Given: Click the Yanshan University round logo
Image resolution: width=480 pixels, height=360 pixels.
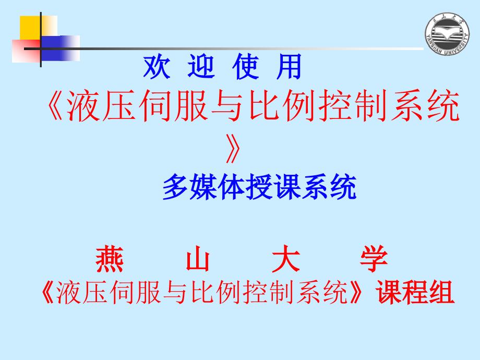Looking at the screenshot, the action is (x=447, y=34).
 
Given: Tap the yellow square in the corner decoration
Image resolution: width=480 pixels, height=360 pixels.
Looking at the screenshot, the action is (x=39, y=28).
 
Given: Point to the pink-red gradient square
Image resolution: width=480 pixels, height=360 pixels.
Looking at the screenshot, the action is (x=26, y=51).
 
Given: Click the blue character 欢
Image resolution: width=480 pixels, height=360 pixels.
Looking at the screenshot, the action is (x=157, y=66).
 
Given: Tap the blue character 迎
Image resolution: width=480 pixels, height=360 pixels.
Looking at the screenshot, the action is (x=201, y=66).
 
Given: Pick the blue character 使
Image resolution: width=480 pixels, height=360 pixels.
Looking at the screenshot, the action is (x=246, y=66).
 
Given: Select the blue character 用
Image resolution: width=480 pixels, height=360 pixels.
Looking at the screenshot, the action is (x=289, y=66).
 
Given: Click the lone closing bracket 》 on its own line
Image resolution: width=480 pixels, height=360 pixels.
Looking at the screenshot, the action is (x=233, y=149).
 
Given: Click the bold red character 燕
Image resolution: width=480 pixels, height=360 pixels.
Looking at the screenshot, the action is (x=110, y=259).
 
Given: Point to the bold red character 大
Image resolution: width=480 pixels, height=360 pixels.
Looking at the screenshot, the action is (x=286, y=259).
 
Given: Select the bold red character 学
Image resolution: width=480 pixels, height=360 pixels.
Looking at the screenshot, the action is (x=374, y=259).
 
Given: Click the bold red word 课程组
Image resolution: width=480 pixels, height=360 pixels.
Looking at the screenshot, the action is (x=415, y=292).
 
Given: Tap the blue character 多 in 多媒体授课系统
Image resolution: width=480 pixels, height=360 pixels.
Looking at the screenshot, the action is (x=176, y=186).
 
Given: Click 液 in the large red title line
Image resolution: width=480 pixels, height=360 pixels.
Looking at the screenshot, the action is (x=83, y=105).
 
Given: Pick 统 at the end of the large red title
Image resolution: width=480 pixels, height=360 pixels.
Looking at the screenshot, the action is (x=443, y=105).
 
